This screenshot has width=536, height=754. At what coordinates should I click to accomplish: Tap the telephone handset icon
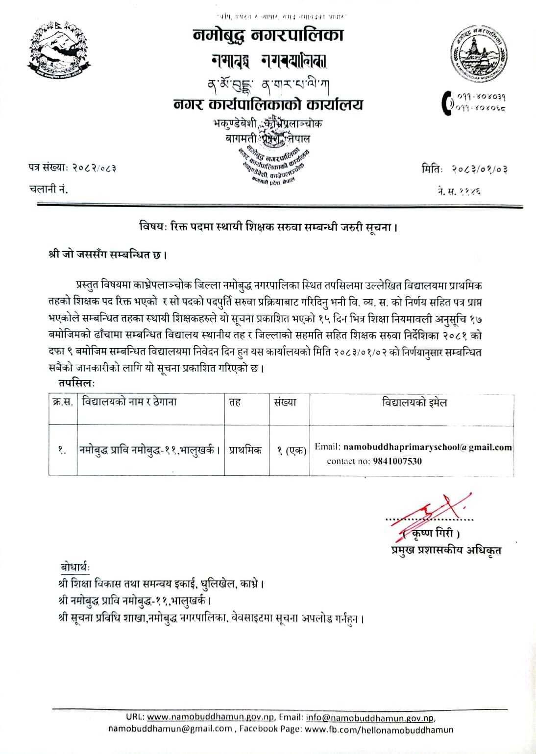[x=448, y=103]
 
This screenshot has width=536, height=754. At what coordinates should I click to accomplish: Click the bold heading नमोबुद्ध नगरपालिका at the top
[x=268, y=35]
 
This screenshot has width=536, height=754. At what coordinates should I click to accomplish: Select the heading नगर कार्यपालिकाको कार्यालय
[x=268, y=105]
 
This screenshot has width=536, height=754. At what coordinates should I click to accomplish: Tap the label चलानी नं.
[x=49, y=188]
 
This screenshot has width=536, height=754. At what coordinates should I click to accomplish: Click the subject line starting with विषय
[x=268, y=228]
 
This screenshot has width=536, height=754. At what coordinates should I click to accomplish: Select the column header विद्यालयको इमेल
[x=414, y=403]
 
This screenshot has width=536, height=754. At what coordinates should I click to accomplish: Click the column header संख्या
[x=285, y=403]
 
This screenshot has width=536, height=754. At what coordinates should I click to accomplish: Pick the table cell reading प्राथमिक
[x=245, y=450]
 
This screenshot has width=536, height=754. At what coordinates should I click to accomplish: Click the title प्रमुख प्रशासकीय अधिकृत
[x=446, y=550]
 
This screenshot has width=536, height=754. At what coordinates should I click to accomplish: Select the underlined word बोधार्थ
[x=75, y=567]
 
